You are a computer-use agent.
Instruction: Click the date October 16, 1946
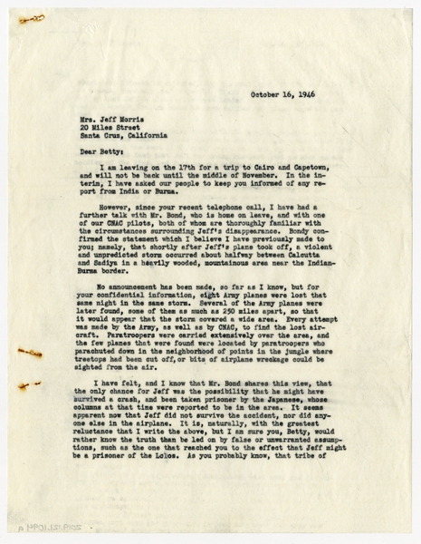click(x=280, y=92)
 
